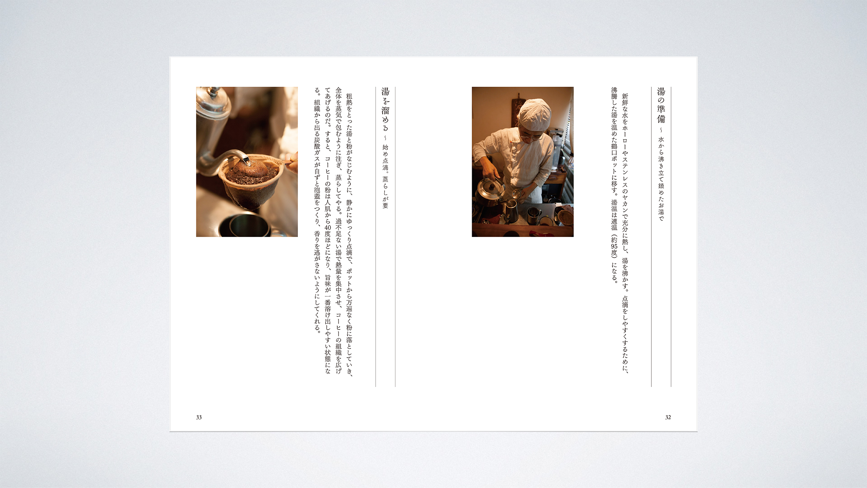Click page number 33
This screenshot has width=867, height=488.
(199, 417)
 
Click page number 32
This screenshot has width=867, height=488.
(668, 417)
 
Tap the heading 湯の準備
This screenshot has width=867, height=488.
(661, 105)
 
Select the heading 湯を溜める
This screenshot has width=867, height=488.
(385, 110)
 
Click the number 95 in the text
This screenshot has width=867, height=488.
(614, 246)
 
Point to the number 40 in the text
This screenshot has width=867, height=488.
(328, 227)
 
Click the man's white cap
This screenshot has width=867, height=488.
(534, 114)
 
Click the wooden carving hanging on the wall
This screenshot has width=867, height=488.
(518, 106)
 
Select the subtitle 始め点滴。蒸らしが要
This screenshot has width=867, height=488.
(385, 177)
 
